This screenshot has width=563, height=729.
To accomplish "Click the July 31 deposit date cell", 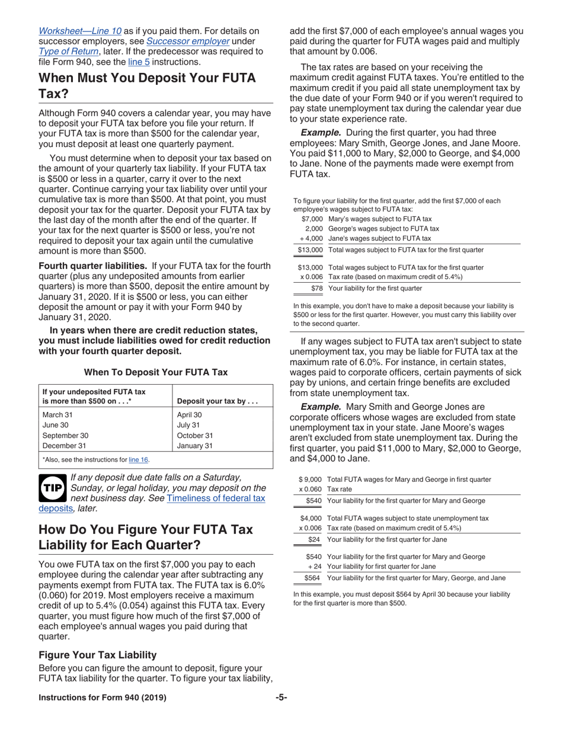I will tap(188, 425).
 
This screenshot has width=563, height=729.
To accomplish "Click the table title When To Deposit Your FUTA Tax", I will tap(156, 372).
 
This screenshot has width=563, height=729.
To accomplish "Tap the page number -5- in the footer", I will tap(281, 698).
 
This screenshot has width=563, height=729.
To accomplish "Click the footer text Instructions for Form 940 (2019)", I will tap(102, 698).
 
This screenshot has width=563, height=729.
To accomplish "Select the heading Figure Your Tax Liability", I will tap(97, 655).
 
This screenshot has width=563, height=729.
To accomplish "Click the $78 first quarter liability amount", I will tap(317, 288).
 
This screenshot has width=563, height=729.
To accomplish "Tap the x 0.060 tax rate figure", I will tap(311, 490).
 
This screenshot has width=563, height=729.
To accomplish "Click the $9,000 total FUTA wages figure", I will tap(311, 479).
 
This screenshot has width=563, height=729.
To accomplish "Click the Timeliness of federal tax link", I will tap(216, 498).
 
